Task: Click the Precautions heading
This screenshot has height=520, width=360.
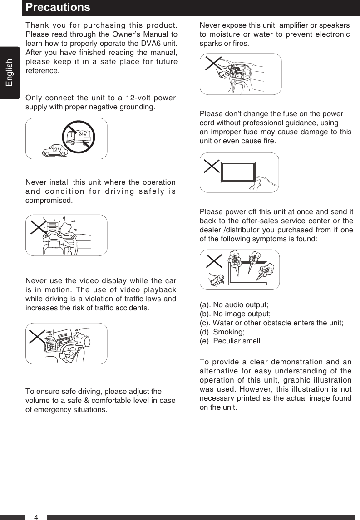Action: pos(58,8)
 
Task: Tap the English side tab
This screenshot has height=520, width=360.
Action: pos(10,73)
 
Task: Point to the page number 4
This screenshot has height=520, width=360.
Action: pos(36,517)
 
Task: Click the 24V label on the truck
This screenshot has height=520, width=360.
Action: pos(82,134)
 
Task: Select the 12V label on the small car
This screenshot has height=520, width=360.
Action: pos(56,150)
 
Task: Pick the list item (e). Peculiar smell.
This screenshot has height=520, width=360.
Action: pos(231,341)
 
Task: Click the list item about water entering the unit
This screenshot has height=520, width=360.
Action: pos(271,323)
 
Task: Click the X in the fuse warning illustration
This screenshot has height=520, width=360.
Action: pos(212,166)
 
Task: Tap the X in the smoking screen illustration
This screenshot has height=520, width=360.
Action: pos(214,261)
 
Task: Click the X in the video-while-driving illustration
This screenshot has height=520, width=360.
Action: pos(39,336)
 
